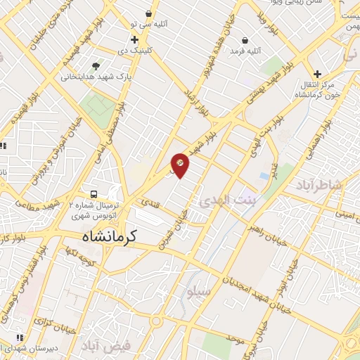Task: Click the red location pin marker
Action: click(x=180, y=165)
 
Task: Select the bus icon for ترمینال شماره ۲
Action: click(x=92, y=194)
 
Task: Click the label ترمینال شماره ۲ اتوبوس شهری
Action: click(x=96, y=210)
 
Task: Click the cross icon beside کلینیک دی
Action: click(x=134, y=39)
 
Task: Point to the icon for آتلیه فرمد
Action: click(x=244, y=40)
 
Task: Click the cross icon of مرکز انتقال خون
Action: click(x=317, y=73)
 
